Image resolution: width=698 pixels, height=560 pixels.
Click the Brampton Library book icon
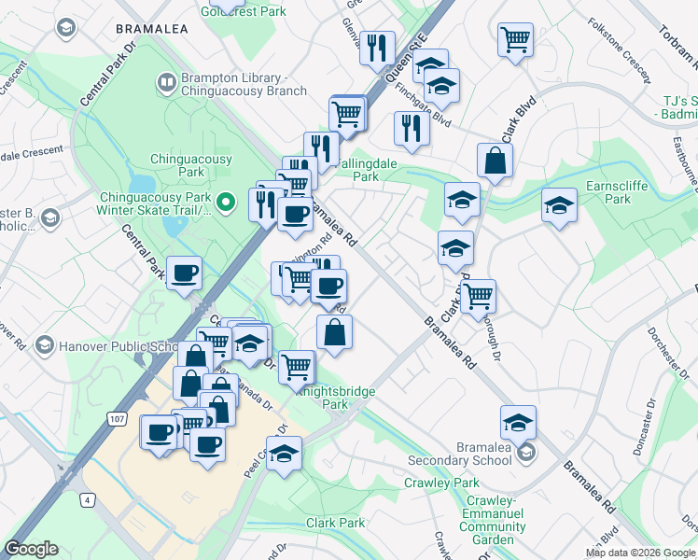(x=166, y=83)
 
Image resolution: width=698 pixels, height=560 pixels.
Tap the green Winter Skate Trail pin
(x=224, y=202)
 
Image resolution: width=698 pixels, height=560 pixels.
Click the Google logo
(x=32, y=548)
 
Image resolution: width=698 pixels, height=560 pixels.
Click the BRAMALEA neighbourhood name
(x=152, y=29)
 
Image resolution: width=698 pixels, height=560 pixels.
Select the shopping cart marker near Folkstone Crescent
(x=515, y=40)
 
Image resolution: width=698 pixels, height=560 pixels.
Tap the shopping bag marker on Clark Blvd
(x=495, y=161)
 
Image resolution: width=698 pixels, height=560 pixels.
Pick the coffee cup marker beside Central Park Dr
(x=184, y=273)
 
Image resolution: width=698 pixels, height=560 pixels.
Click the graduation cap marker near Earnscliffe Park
(x=559, y=205)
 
